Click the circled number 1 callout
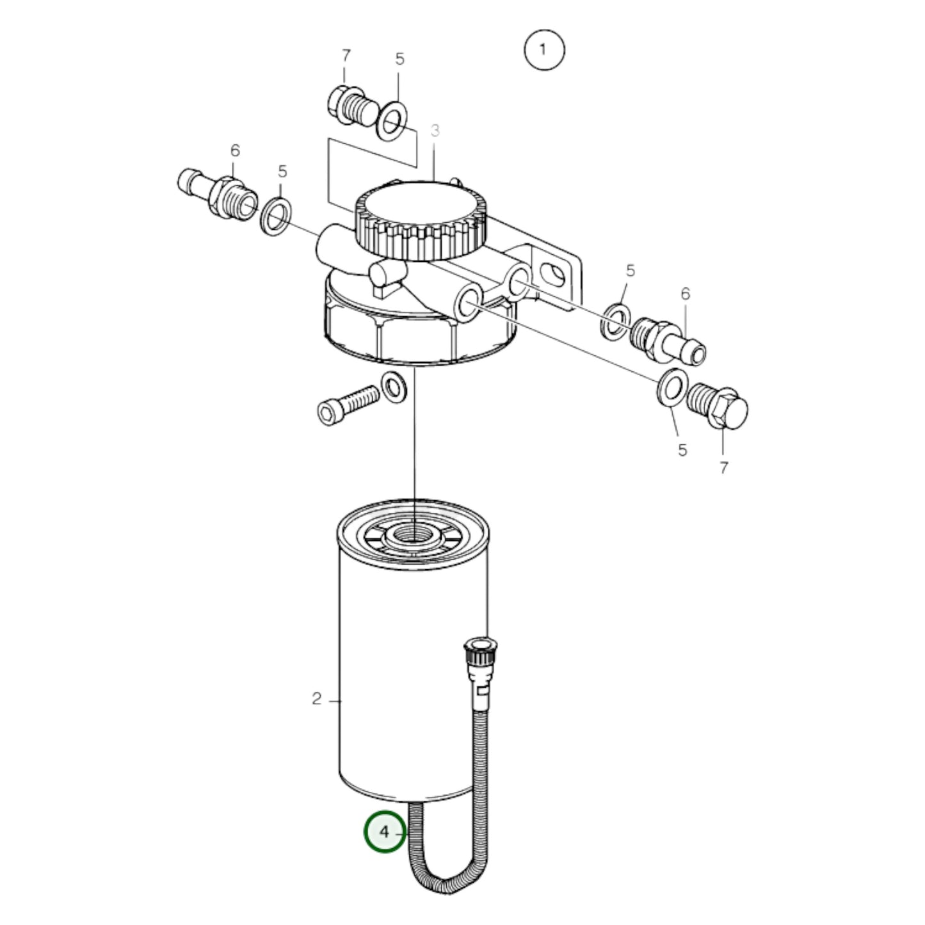point(544,50)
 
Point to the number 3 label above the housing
point(435,131)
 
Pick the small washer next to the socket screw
point(394,387)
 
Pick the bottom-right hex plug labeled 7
point(717,406)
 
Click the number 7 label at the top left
point(346,56)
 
